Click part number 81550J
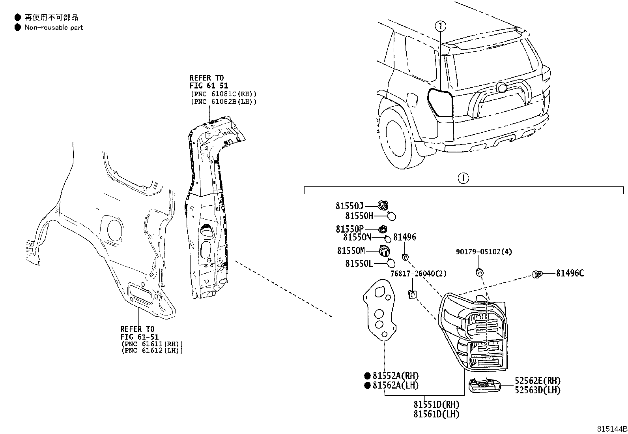coord(349,206)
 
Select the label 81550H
coord(359,216)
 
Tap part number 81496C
coord(570,273)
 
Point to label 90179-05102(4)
coord(484,252)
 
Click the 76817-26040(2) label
coord(418,273)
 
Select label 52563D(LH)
coord(537,390)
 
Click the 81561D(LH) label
coord(436,414)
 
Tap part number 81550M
coord(351,250)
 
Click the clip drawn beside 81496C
coord(537,273)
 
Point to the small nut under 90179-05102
coord(478,272)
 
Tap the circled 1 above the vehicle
coord(441,26)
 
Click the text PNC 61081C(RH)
coord(223,94)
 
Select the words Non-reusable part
coord(54,28)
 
